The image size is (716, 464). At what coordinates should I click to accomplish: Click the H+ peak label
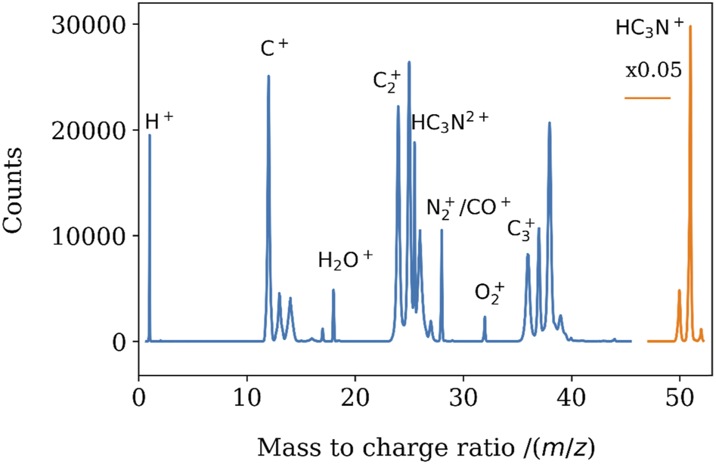click(159, 121)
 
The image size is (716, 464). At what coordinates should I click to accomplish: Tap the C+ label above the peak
click(274, 49)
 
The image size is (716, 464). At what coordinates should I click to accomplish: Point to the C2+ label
click(386, 80)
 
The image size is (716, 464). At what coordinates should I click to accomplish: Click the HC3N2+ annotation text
click(451, 122)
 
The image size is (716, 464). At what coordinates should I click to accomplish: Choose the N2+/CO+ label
click(469, 207)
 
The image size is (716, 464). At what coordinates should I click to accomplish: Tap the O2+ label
click(489, 291)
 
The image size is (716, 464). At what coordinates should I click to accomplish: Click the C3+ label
click(521, 227)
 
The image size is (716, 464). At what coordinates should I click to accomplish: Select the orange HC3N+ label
click(649, 29)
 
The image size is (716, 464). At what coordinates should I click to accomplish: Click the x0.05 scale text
click(654, 70)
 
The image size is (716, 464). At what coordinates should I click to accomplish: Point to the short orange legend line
click(647, 98)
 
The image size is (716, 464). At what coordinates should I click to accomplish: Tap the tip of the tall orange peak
click(690, 27)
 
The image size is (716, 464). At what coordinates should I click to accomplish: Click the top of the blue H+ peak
click(150, 135)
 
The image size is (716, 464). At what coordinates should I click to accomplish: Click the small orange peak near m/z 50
click(679, 291)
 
